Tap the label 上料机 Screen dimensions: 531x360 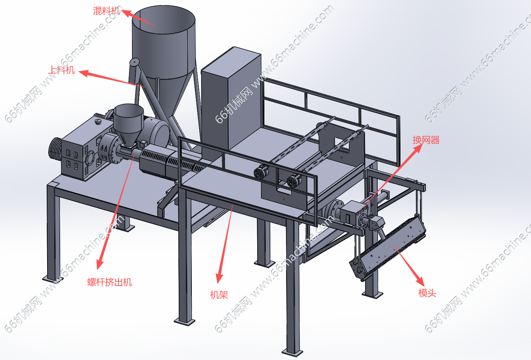(61, 70)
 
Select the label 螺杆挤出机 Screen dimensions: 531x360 (110, 282)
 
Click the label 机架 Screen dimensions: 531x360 (219, 295)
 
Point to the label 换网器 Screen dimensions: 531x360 (426, 140)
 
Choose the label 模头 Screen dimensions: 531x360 (427, 293)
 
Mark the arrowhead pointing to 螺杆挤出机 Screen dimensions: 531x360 (100, 264)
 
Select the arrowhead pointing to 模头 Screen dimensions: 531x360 (420, 281)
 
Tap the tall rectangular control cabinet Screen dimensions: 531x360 (231, 100)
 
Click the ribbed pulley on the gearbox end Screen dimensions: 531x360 (55, 149)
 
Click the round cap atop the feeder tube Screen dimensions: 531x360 (135, 62)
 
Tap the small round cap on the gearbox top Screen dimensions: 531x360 (98, 122)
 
